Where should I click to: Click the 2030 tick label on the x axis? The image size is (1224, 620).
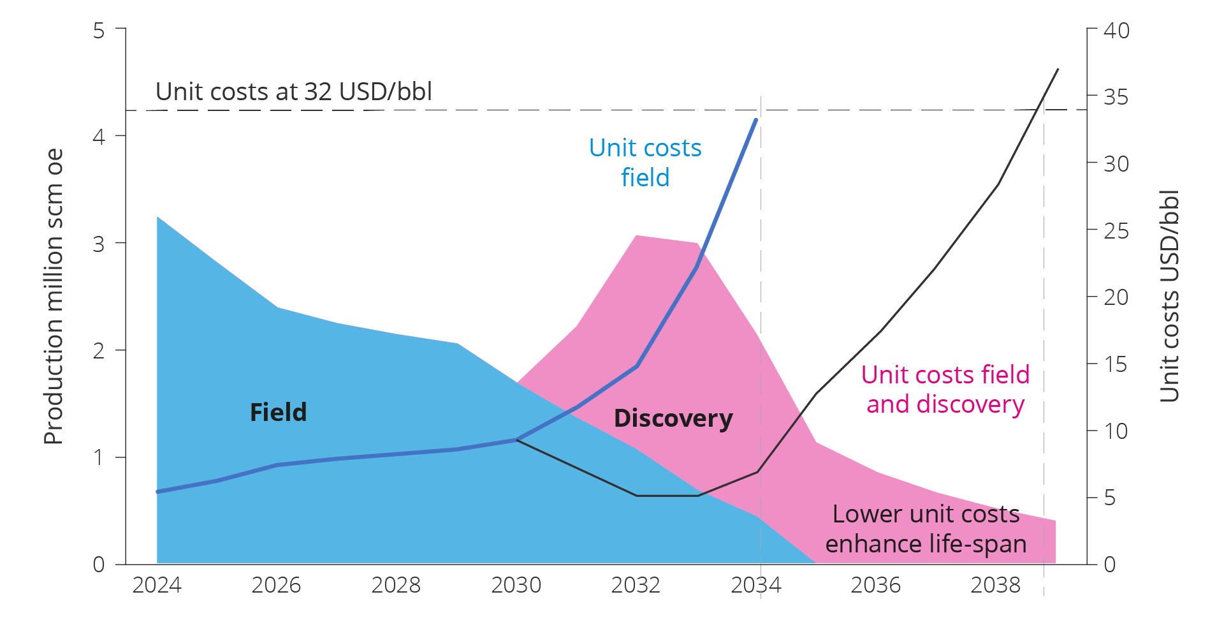coord(516,585)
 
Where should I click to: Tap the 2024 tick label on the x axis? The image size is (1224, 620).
coord(157,585)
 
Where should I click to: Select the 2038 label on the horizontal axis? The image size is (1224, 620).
coord(995,585)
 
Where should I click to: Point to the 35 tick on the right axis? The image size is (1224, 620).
coord(1116,98)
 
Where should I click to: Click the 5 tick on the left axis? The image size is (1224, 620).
coord(99,31)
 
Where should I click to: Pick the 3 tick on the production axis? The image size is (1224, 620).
coord(99,244)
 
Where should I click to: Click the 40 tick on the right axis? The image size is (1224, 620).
coord(1116,31)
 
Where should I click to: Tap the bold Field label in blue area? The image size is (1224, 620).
coord(278,413)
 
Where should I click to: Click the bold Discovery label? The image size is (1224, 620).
coord(673,418)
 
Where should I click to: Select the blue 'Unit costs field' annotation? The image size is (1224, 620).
coord(645,163)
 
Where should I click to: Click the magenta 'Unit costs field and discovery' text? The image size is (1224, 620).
coord(945,389)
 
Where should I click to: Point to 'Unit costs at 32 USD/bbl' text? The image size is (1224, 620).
coord(294,92)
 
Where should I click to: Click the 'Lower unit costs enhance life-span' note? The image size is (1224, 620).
coord(926,529)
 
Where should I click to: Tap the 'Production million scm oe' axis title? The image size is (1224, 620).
coord(54,297)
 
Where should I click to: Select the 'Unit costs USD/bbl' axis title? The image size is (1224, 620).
coord(1170,297)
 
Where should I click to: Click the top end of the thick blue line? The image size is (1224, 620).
coord(756,119)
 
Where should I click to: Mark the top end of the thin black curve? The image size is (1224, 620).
coord(1058,69)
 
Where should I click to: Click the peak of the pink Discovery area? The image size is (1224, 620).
coord(637,236)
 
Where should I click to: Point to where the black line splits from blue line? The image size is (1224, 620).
coord(516,439)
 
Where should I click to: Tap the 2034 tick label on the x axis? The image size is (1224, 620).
coord(755,585)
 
